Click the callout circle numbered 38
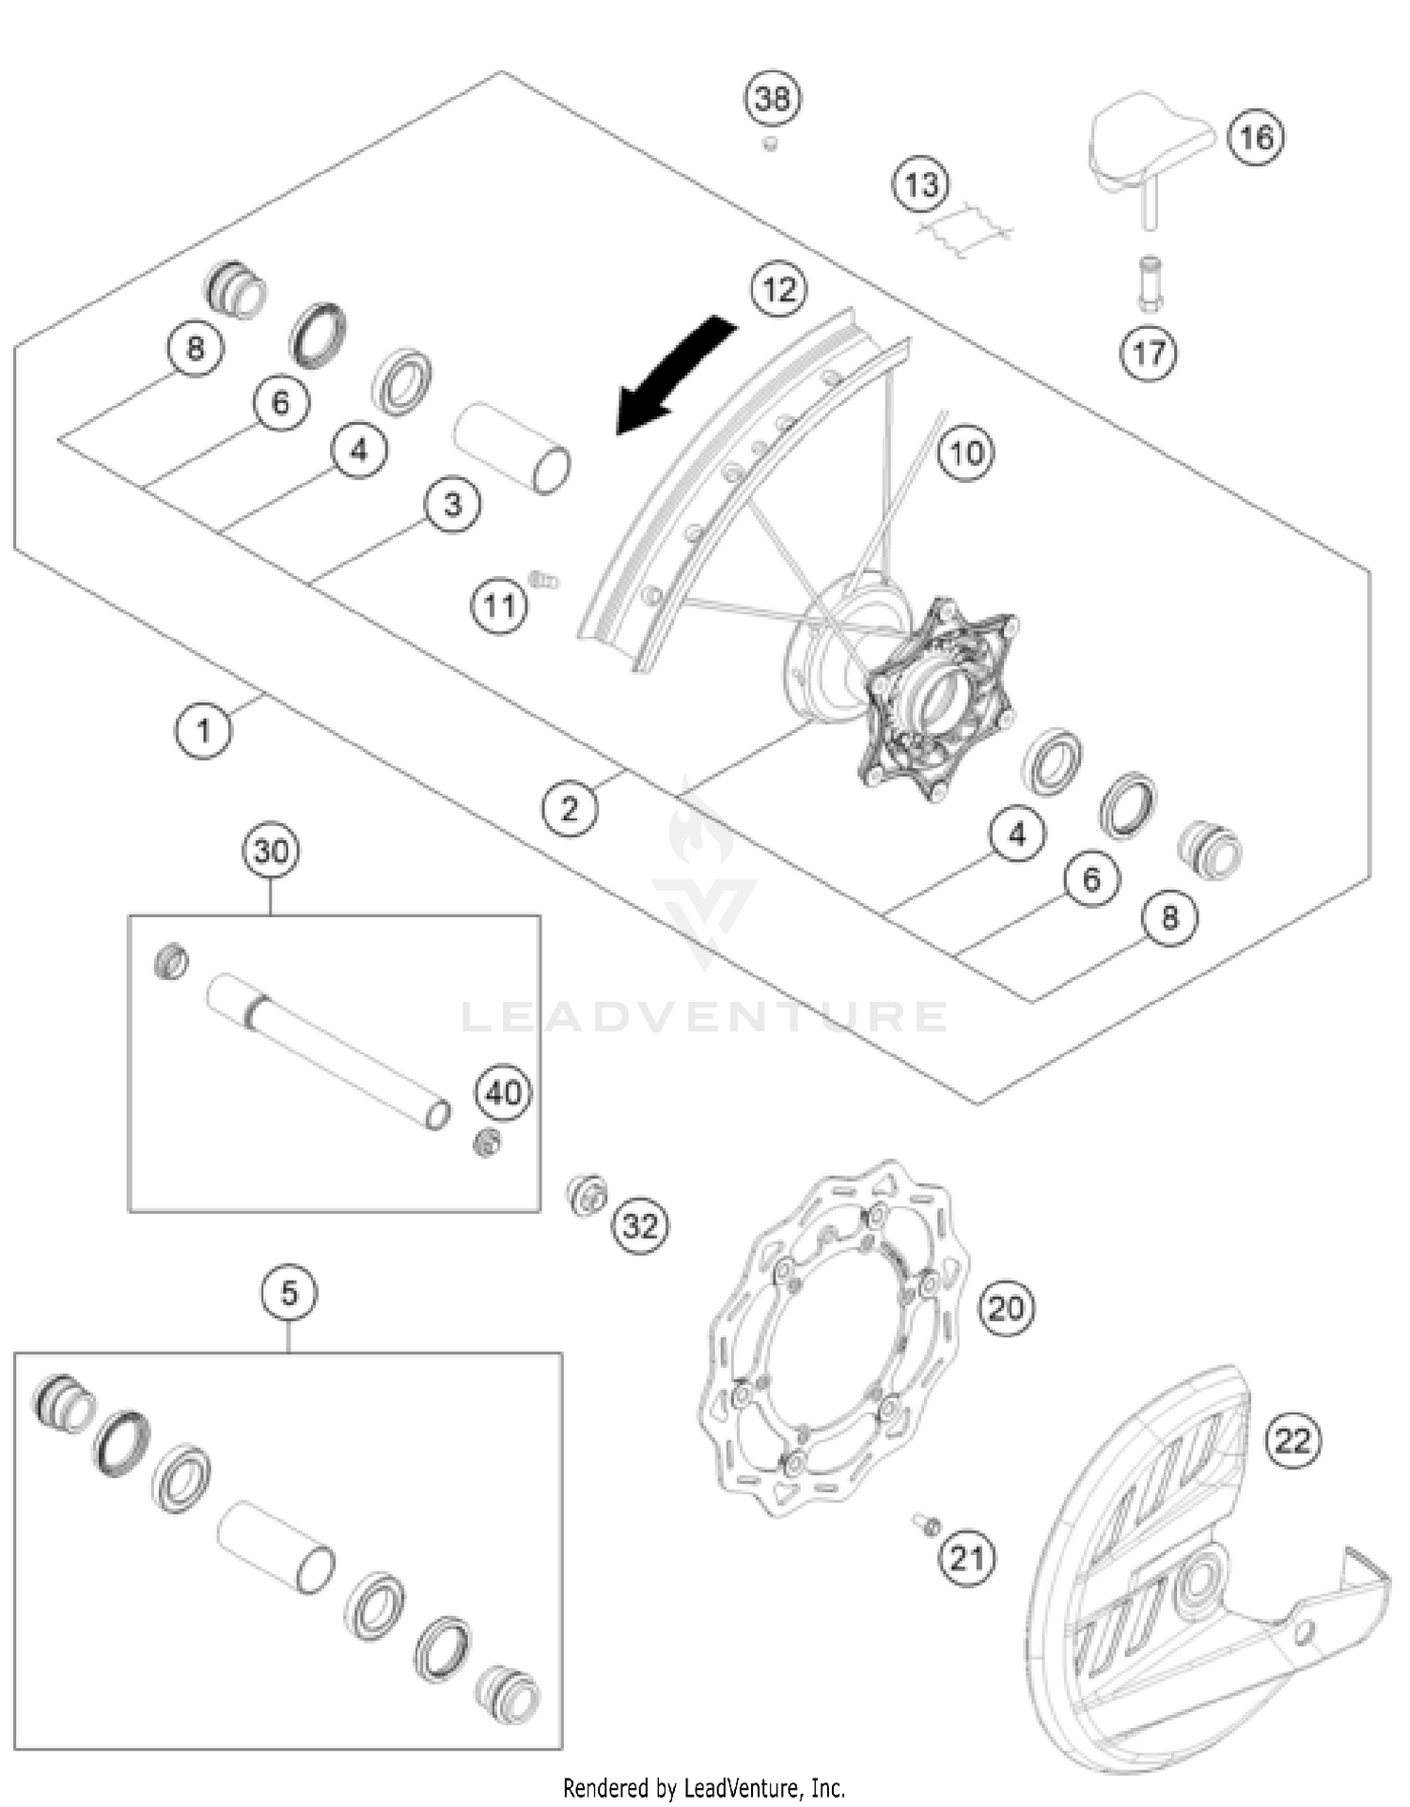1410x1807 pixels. [773, 98]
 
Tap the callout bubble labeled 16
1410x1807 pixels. [1256, 138]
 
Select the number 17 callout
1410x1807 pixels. [1149, 353]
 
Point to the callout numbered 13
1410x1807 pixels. [920, 184]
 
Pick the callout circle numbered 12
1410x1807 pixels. [779, 289]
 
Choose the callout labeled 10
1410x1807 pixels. [966, 454]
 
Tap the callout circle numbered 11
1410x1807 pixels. [499, 606]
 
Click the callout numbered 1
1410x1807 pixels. [204, 729]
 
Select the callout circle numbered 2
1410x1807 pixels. [570, 808]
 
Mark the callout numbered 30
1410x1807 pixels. [271, 851]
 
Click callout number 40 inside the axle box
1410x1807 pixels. [504, 1093]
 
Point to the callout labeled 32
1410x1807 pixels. [641, 1225]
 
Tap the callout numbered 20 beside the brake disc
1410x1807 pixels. [1006, 1307]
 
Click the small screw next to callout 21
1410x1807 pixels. [925, 1523]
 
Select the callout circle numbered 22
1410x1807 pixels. [1292, 1441]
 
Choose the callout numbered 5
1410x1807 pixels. [289, 1294]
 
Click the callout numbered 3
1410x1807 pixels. [452, 505]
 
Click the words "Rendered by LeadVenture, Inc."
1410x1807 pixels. [704, 1787]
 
